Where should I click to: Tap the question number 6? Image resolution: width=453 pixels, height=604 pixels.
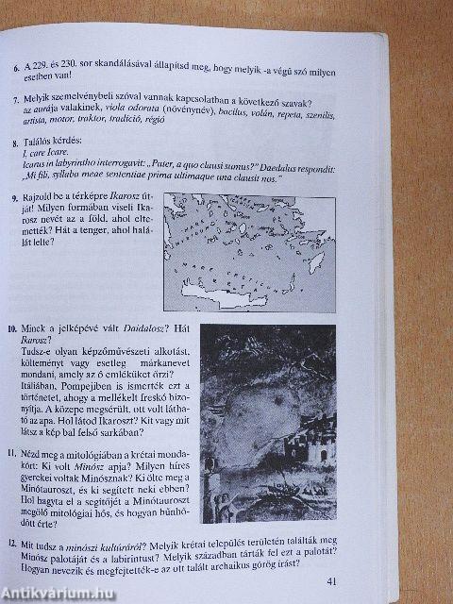(11, 68)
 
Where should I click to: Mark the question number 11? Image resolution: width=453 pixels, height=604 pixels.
(11, 453)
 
